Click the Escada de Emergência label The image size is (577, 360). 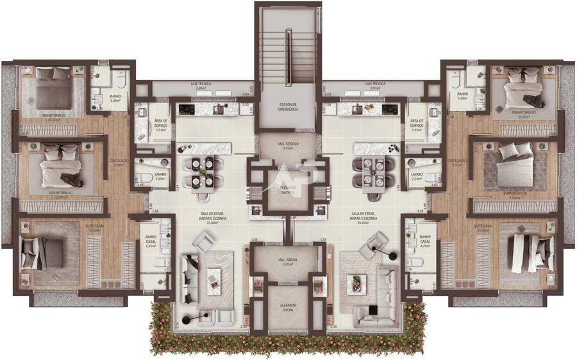pos(288,106)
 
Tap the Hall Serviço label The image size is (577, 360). pos(288,143)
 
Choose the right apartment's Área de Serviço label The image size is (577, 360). pos(417,122)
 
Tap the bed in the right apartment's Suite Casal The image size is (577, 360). pos(530,253)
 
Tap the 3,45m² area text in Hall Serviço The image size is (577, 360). pos(288,148)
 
